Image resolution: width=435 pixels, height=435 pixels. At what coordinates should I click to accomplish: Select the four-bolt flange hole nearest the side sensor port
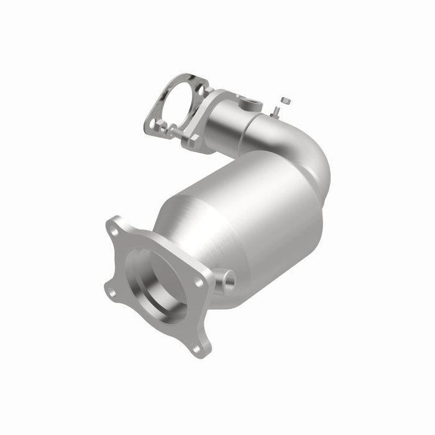coord(200,282)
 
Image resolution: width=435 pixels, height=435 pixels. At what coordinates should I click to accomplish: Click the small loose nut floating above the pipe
coord(285,99)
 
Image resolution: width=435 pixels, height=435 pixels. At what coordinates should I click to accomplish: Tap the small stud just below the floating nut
coord(275,111)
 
